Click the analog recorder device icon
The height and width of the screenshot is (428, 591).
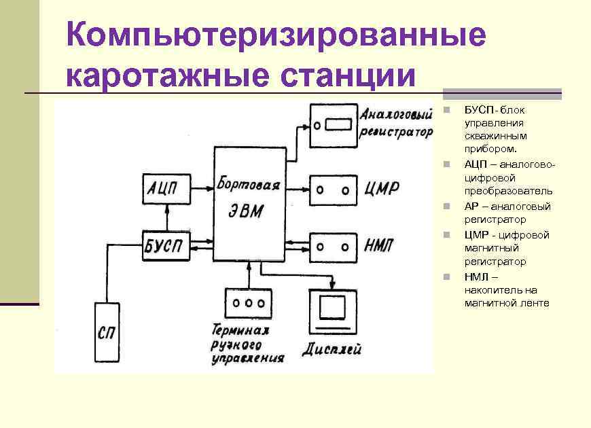(333, 125)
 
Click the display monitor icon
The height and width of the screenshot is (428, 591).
(332, 310)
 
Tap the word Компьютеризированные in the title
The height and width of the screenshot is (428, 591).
(276, 35)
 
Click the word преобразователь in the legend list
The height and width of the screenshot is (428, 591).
(499, 192)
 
